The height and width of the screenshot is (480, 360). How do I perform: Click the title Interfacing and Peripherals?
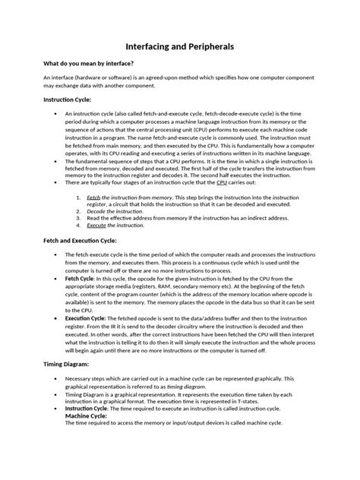(x=179, y=47)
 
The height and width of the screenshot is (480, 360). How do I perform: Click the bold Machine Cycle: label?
(x=86, y=415)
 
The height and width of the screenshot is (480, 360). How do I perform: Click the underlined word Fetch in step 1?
(x=94, y=196)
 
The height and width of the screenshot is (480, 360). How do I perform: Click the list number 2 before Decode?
(x=80, y=210)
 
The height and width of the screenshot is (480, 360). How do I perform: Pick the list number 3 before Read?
(x=80, y=218)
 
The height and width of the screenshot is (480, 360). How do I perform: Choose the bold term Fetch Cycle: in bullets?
(x=80, y=279)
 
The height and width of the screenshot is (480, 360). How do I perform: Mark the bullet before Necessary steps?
(x=57, y=378)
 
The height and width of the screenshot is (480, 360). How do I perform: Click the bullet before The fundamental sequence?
(x=57, y=162)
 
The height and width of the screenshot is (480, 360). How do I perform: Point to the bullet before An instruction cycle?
(x=57, y=112)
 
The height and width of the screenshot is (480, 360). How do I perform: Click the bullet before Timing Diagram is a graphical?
(x=57, y=394)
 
